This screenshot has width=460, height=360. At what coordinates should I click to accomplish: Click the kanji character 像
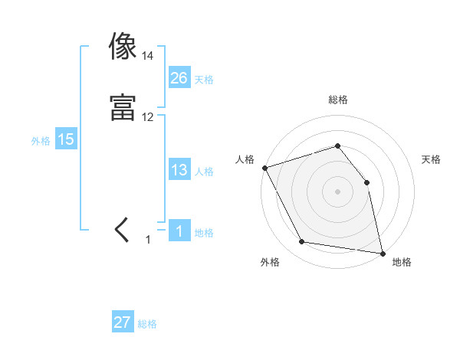(x=123, y=47)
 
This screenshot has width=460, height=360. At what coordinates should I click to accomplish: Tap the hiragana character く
(x=122, y=231)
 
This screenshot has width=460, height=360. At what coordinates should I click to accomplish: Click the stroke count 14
(x=147, y=56)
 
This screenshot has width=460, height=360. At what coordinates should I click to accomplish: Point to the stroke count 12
(x=147, y=117)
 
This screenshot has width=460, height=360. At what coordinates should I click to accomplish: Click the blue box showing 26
(x=179, y=77)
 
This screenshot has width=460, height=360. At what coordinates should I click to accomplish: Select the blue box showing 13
(x=179, y=170)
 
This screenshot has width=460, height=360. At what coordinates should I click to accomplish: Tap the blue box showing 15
(x=66, y=139)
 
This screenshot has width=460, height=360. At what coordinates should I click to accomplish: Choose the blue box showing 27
(x=123, y=322)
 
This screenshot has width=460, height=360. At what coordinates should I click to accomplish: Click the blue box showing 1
(x=179, y=231)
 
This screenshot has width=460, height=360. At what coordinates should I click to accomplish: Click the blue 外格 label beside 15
(x=41, y=140)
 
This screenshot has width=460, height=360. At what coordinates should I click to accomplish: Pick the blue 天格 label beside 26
(x=204, y=79)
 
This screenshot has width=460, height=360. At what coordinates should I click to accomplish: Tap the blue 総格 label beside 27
(x=147, y=324)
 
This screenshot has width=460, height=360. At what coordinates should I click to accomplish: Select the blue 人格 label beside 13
(x=204, y=172)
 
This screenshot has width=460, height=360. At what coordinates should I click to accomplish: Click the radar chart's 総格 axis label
(x=337, y=100)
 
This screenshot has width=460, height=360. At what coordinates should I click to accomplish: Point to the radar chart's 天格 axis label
(x=432, y=159)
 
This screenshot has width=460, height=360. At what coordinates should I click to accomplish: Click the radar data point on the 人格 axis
(x=264, y=167)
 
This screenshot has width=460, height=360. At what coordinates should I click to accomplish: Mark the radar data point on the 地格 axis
(x=383, y=253)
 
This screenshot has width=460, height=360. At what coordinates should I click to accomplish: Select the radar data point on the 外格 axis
(x=302, y=243)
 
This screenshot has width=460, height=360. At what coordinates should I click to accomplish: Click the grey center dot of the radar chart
(x=337, y=191)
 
